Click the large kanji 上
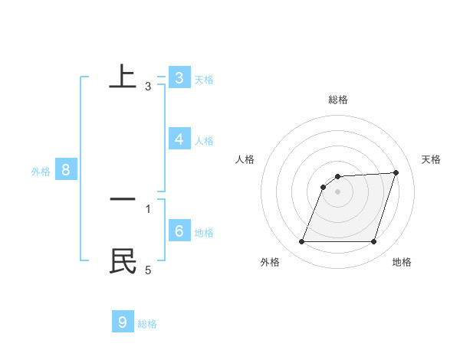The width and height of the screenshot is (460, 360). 123,77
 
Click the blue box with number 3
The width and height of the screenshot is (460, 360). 179,78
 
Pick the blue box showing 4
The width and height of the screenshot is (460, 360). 179,139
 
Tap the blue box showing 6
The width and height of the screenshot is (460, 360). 179,231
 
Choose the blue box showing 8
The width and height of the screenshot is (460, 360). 66,170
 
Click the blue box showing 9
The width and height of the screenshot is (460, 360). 123,322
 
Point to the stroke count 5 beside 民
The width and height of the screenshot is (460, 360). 148,270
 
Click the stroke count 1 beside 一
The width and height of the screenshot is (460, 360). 148,208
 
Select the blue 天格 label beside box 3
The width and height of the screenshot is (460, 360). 204,80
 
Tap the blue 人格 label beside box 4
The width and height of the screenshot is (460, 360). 204,141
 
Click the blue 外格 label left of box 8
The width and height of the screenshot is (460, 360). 41,172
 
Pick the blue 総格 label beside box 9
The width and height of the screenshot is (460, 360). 147,324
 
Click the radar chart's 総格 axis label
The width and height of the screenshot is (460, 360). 338,100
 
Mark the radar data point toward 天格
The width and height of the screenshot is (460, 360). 396,172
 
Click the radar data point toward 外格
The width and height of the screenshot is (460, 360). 302,242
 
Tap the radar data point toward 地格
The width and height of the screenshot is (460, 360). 374,242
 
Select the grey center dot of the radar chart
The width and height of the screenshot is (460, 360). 338,191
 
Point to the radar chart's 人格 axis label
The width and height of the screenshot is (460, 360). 245,159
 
